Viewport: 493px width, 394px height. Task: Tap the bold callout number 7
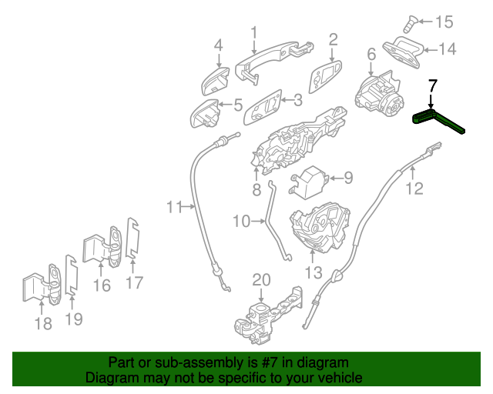pos(433,85)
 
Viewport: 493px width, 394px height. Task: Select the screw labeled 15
pos(410,24)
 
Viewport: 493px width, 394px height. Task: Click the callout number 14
pos(447,49)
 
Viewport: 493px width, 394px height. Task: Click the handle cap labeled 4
pos(215,81)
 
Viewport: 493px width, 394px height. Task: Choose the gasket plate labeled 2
pos(325,76)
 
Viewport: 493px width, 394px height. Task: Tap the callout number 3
pos(297,100)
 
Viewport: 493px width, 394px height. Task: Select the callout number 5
pos(238,105)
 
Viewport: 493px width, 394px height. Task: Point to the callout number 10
pos(241,221)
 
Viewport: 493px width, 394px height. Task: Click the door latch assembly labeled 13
pos(320,227)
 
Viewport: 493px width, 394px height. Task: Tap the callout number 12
pos(414,189)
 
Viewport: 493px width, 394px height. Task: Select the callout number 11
pos(174,207)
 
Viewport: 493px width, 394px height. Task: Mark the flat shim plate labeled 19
pos(72,275)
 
